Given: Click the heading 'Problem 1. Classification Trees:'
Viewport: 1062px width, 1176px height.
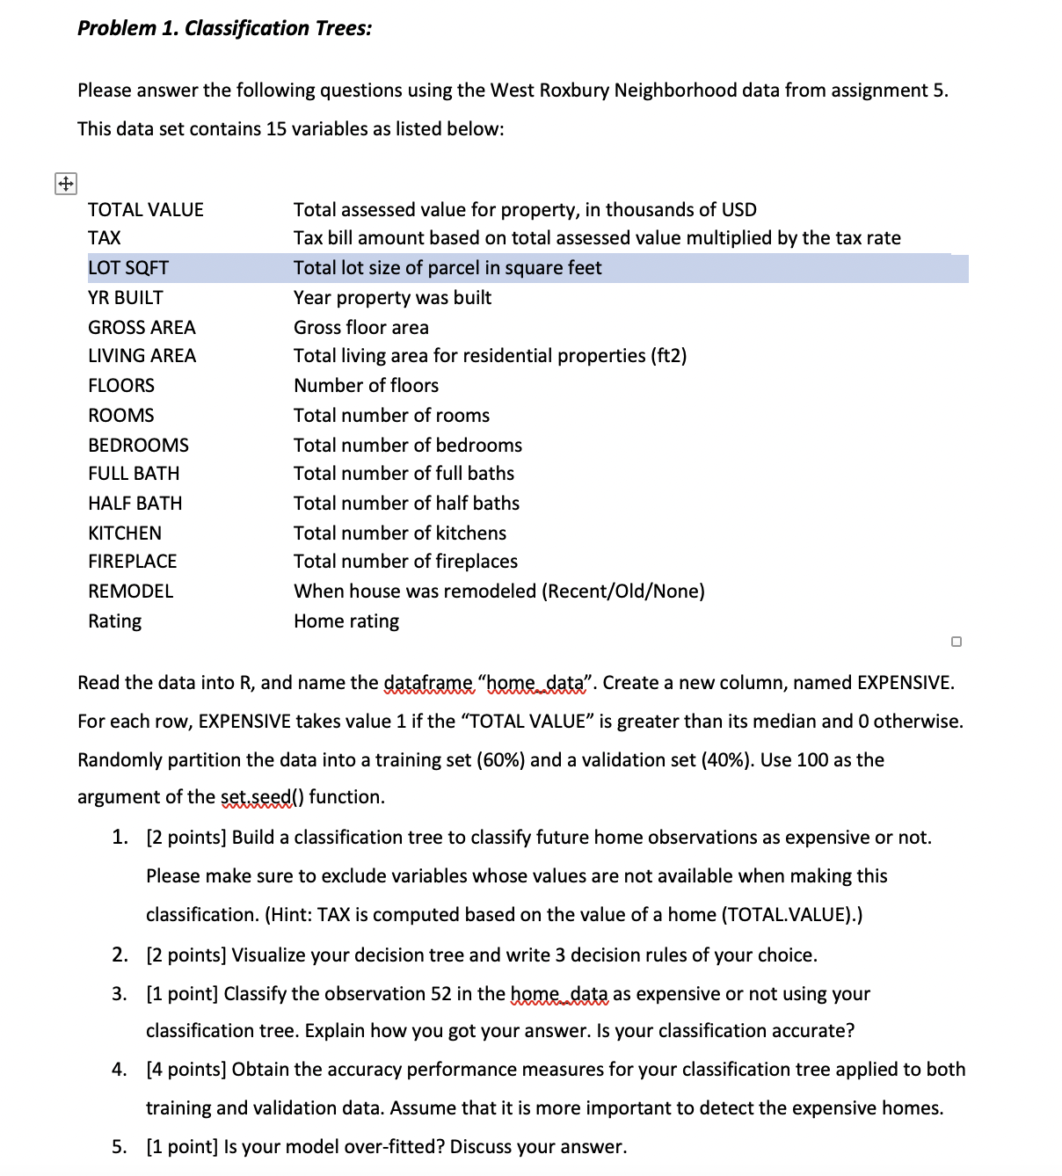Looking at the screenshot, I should (224, 28).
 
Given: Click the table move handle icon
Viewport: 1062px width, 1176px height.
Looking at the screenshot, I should (66, 184).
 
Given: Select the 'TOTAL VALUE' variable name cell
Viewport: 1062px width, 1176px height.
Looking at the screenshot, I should (146, 209).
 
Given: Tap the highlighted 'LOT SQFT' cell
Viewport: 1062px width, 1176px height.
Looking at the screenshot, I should (128, 268).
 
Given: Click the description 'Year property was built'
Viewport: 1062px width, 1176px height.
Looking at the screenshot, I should (392, 298).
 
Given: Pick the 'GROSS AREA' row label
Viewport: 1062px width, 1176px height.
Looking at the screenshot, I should (142, 328).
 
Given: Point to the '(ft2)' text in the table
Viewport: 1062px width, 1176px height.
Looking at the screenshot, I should (668, 356).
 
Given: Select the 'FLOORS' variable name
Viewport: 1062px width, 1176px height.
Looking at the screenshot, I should (121, 386).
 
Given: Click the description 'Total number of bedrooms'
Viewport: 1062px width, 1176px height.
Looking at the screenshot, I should (408, 446).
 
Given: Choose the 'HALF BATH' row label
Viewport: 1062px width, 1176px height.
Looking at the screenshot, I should (135, 504).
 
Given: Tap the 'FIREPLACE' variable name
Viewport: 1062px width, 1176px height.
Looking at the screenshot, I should (133, 562).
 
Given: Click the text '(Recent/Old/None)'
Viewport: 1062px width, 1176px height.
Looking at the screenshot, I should (623, 592).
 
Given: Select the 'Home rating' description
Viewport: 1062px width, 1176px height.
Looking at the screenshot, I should (346, 621).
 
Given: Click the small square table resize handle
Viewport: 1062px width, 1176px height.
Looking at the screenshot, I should (957, 642).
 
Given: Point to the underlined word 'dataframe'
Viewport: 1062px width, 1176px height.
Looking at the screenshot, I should (427, 683).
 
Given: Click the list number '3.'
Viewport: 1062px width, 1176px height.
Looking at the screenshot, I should (120, 994).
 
